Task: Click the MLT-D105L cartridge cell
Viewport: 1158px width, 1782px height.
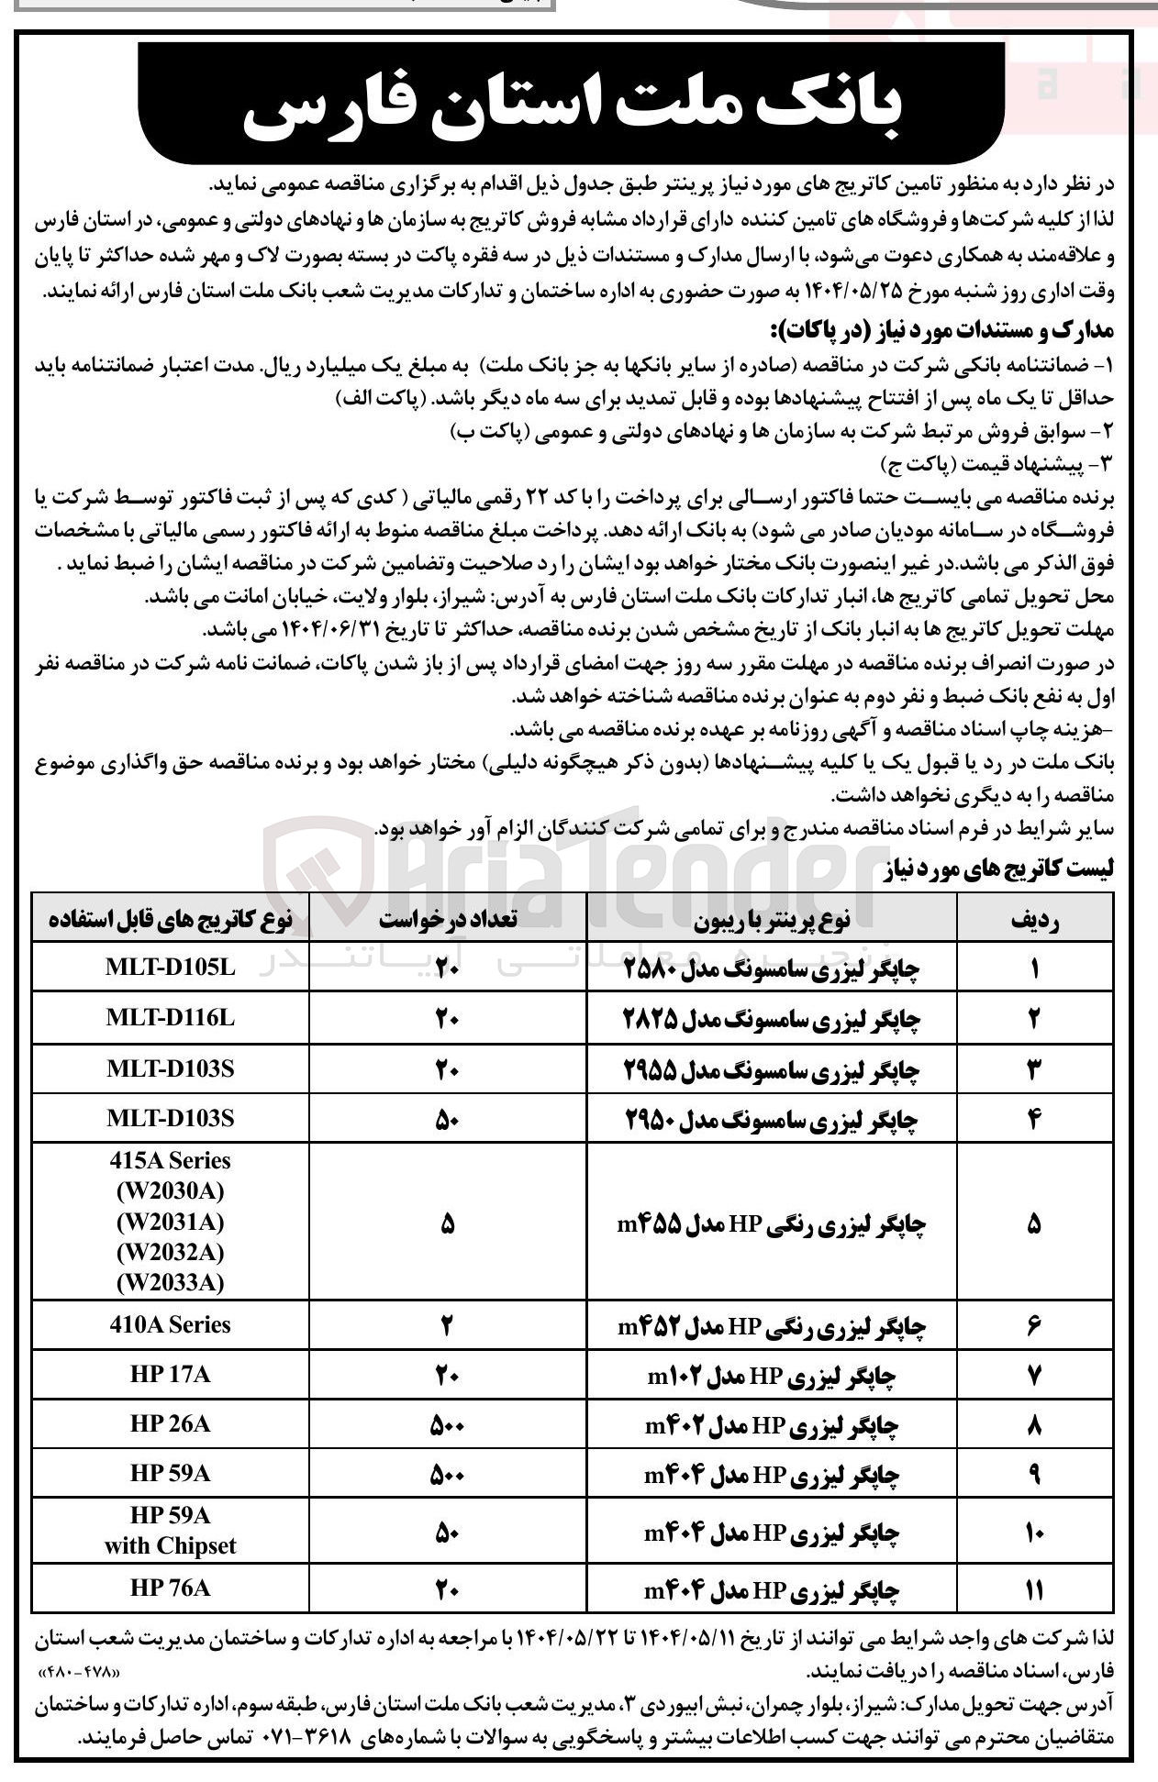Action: pyautogui.click(x=171, y=968)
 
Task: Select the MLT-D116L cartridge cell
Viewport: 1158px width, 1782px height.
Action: pyautogui.click(x=171, y=1018)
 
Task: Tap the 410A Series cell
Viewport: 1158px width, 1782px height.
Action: pyautogui.click(x=171, y=1324)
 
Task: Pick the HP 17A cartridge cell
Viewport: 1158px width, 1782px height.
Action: pyautogui.click(x=171, y=1375)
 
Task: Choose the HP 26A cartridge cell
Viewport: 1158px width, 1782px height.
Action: pyautogui.click(x=171, y=1424)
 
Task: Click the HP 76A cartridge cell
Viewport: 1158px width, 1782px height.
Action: pyautogui.click(x=171, y=1588)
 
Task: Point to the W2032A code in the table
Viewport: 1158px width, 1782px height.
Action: pyautogui.click(x=171, y=1252)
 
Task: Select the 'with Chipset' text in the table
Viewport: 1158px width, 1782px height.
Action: pyautogui.click(x=171, y=1546)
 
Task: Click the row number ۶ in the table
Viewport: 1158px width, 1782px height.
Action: pyautogui.click(x=1034, y=1325)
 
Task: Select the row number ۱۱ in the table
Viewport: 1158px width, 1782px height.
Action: pyautogui.click(x=1034, y=1588)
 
